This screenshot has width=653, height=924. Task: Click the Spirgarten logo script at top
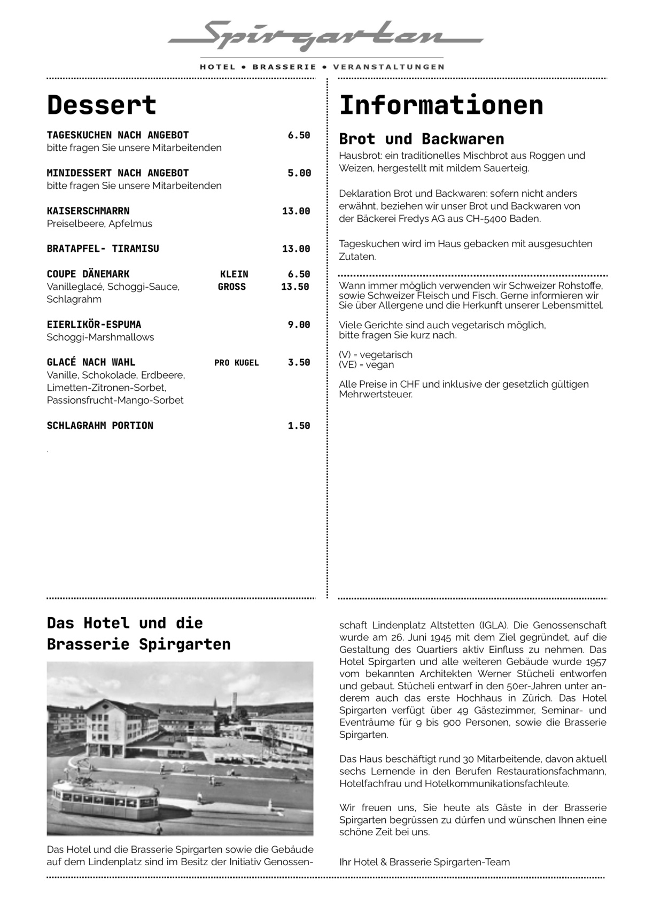pyautogui.click(x=325, y=36)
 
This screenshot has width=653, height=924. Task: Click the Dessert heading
pyautogui.click(x=102, y=105)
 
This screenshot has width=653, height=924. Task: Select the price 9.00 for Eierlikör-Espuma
pyautogui.click(x=299, y=325)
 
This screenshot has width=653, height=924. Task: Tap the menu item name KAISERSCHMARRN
pyautogui.click(x=88, y=211)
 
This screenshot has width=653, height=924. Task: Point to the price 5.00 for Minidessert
pyautogui.click(x=299, y=173)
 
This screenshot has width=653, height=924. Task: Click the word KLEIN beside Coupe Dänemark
pyautogui.click(x=234, y=274)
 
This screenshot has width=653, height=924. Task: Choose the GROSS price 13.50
pyautogui.click(x=295, y=287)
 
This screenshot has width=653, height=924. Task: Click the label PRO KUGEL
pyautogui.click(x=236, y=363)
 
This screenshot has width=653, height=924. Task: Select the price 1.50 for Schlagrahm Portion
pyautogui.click(x=299, y=426)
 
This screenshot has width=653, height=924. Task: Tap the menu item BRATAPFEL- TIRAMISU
pyautogui.click(x=103, y=249)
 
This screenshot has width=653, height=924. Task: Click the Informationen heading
pyautogui.click(x=441, y=105)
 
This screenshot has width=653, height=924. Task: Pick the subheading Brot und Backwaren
pyautogui.click(x=421, y=139)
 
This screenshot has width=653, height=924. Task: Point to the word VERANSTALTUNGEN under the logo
pyautogui.click(x=388, y=67)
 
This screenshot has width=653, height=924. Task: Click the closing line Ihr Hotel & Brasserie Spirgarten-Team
pyautogui.click(x=424, y=862)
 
